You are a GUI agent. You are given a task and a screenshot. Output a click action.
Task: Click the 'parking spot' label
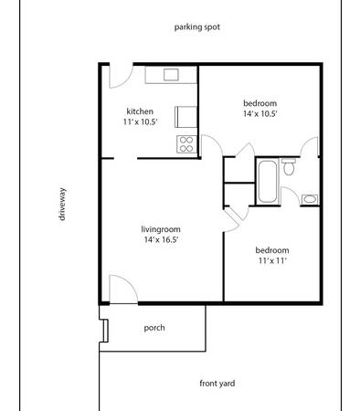pos(197,27)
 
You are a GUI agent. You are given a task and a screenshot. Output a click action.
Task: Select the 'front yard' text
pos(217,384)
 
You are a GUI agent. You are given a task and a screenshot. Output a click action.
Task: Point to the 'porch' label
pos(154,328)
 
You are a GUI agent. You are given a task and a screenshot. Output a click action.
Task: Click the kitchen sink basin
pos(171,75)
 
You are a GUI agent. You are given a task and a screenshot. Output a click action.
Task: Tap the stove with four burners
pos(186,144)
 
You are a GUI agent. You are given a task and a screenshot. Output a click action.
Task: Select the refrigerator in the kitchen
pos(185,117)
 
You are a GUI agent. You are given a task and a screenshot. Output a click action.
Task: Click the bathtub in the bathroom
pos(268,182)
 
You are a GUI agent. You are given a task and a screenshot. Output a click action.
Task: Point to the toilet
pos(289,166)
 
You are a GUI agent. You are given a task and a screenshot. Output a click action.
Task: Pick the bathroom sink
pos(310,199)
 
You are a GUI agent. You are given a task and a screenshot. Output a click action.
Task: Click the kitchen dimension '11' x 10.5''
pos(141,122)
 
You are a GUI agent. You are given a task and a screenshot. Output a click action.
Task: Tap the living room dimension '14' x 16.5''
pos(161,239)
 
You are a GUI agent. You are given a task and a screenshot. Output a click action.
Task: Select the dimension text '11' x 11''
pos(272,261)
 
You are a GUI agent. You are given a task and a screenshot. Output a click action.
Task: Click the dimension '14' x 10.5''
pos(260,114)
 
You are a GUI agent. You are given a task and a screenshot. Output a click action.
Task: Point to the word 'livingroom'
pos(161,229)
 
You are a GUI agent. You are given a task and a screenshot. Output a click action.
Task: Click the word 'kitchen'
pos(140,111)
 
